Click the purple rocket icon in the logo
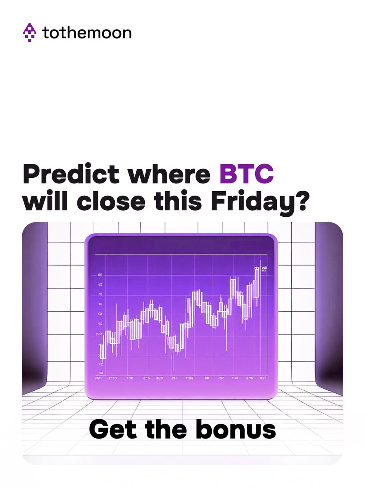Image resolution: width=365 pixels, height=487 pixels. click(x=30, y=32)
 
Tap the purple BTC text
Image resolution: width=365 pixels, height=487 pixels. click(x=247, y=175)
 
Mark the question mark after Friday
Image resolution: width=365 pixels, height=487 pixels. click(x=300, y=202)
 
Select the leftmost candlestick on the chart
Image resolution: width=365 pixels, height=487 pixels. click(x=103, y=351)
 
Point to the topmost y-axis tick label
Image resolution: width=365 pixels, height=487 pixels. click(x=100, y=275)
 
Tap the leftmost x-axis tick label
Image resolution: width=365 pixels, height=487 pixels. click(x=98, y=378)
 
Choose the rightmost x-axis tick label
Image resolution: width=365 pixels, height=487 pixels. click(x=263, y=378)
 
